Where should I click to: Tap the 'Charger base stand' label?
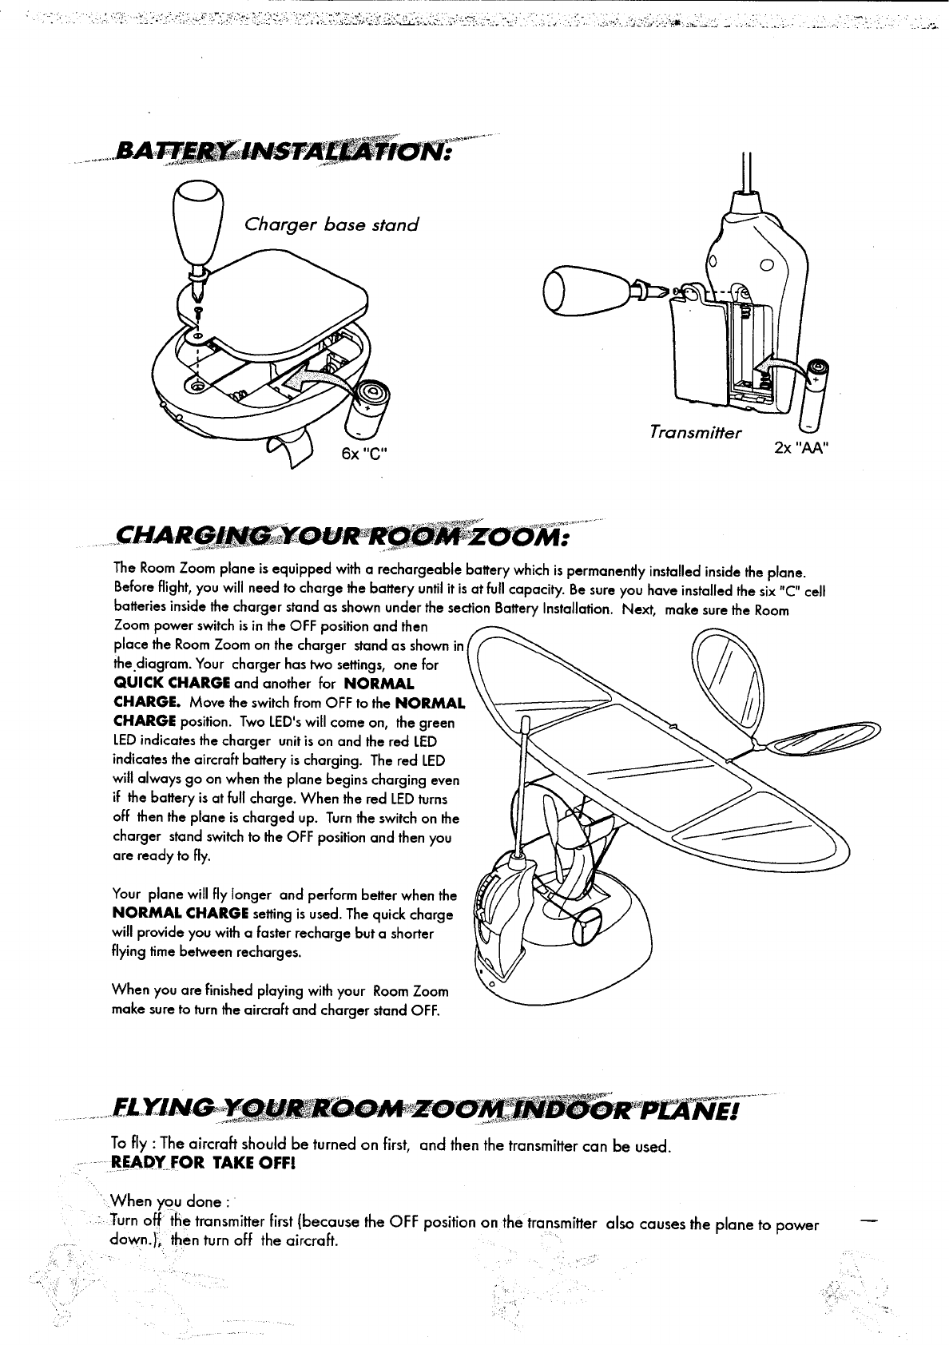click(x=331, y=224)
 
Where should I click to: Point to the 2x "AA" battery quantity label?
click(x=800, y=446)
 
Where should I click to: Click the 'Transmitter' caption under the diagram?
click(x=696, y=433)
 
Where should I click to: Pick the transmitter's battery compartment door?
click(x=700, y=347)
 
